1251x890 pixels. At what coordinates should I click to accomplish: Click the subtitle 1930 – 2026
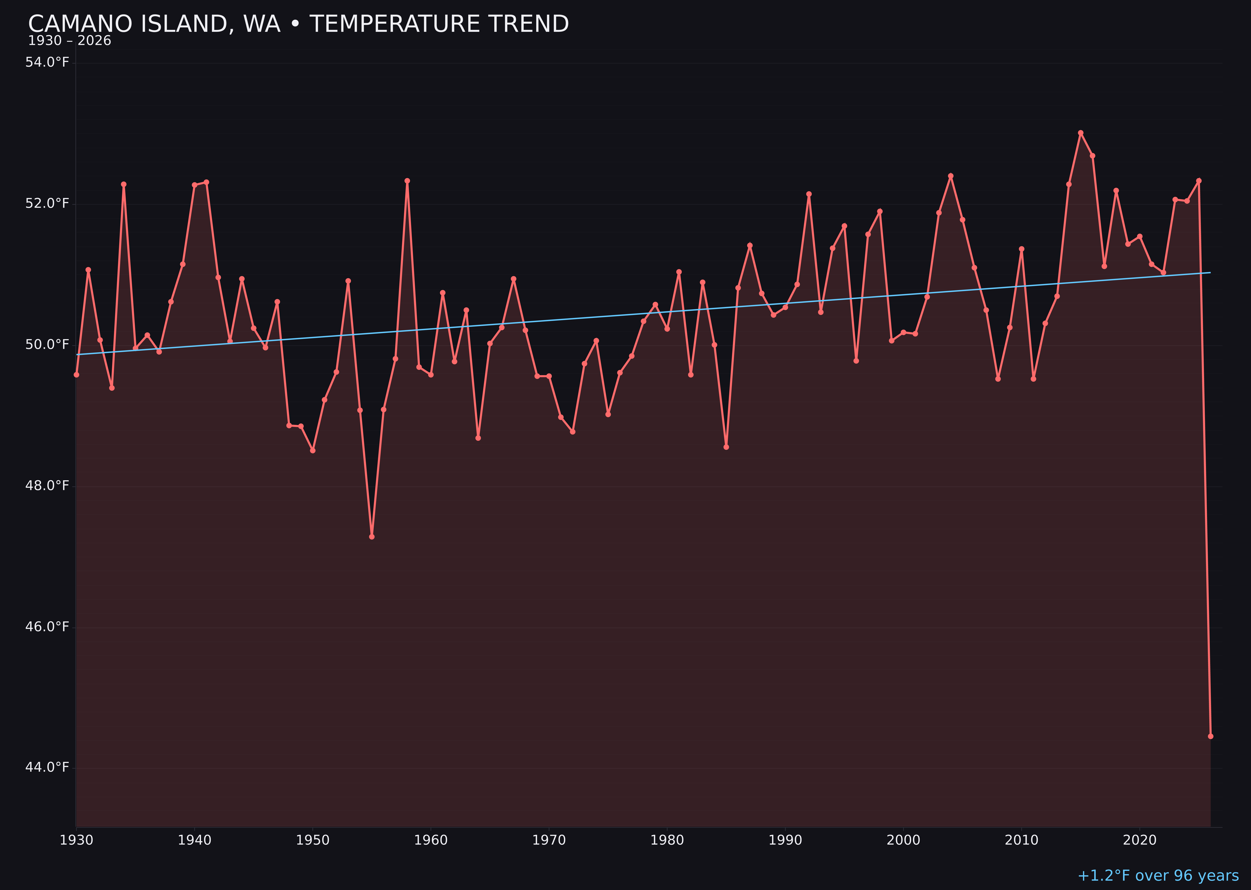click(x=69, y=41)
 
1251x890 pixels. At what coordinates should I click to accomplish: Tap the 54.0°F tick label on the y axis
click(x=47, y=63)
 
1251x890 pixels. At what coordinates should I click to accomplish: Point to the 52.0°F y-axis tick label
click(x=47, y=203)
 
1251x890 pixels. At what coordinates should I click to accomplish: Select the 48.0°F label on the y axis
click(x=47, y=486)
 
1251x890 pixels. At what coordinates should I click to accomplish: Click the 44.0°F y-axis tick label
click(x=47, y=767)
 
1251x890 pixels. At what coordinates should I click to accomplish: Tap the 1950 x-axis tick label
click(x=313, y=840)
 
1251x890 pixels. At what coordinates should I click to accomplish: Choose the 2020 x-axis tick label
click(x=1140, y=840)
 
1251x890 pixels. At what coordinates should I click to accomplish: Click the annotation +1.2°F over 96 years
click(x=1158, y=876)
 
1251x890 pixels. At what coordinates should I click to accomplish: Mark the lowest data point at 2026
click(x=1210, y=736)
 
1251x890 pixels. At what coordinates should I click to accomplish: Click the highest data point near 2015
click(x=1081, y=133)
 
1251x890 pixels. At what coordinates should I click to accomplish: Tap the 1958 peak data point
click(x=407, y=181)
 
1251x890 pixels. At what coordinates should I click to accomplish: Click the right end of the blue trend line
click(x=1210, y=272)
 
